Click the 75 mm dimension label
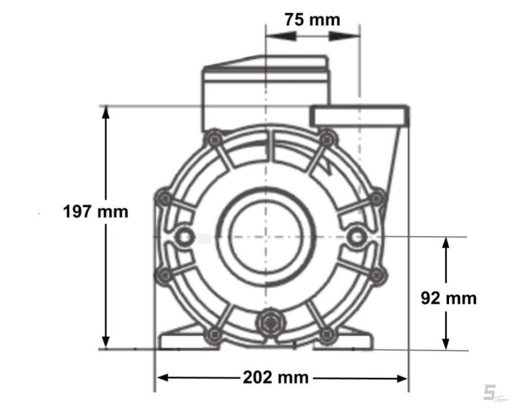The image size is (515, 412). click(x=313, y=20)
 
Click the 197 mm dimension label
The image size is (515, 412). click(x=96, y=212)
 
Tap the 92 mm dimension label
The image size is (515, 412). click(x=449, y=298)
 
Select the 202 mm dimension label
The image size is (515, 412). click(x=276, y=377)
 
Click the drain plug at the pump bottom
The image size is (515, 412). click(x=270, y=322)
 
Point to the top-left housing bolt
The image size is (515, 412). click(x=215, y=140)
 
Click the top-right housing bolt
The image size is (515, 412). click(x=326, y=139)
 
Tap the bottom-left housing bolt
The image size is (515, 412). click(x=215, y=335)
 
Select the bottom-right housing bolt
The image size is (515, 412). click(x=327, y=335)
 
